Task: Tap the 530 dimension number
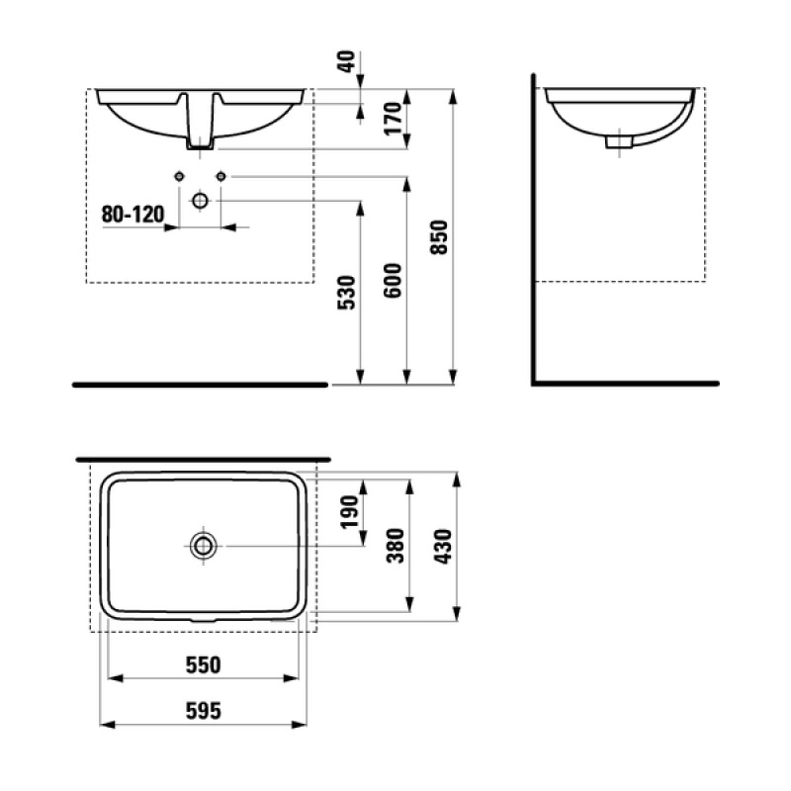345,294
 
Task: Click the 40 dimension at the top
345,62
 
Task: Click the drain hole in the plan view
203,545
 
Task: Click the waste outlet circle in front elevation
200,200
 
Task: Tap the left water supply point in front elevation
179,176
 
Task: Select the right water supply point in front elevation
221,176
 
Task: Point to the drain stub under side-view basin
620,142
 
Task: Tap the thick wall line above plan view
203,460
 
